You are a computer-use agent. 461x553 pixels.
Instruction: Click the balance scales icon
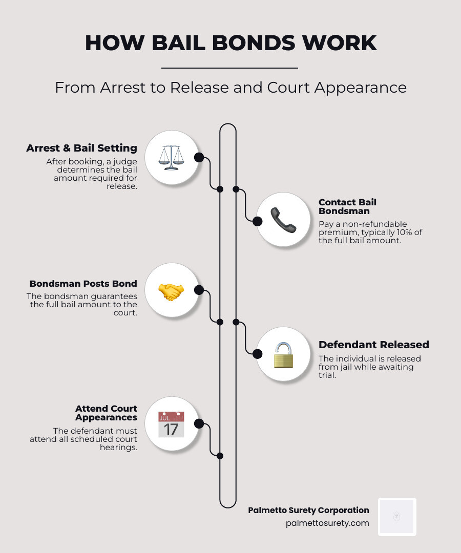point(171,157)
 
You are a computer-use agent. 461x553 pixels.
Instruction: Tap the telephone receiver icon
point(283,220)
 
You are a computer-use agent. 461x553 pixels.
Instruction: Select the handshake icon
point(171,291)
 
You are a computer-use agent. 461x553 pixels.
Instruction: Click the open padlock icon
point(283,354)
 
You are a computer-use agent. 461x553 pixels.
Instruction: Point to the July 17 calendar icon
point(171,424)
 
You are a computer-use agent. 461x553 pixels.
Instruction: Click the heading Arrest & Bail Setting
point(82,148)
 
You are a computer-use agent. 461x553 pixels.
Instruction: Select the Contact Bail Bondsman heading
point(347,206)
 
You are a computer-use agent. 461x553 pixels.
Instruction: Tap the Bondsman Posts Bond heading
point(83,284)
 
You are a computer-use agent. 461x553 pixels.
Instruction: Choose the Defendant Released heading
point(373,345)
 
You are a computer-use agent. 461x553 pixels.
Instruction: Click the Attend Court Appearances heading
point(106,413)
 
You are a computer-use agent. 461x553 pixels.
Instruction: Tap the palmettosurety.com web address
point(327,523)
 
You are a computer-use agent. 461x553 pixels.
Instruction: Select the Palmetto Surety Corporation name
point(308,510)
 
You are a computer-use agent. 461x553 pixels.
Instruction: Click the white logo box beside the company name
point(397,517)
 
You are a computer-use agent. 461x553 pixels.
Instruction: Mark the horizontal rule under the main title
point(229,68)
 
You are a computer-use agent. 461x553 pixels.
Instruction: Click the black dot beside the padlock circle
point(258,354)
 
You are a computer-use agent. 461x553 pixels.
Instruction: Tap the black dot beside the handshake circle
point(199,290)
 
